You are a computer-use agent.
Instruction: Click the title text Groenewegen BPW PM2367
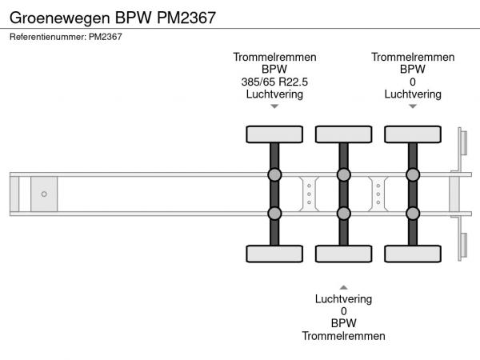(x=113, y=16)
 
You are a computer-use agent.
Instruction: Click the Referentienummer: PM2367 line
(x=66, y=36)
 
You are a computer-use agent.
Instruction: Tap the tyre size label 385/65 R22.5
(x=274, y=82)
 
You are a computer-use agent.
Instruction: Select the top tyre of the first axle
(x=274, y=134)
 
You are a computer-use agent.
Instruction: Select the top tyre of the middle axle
(x=343, y=134)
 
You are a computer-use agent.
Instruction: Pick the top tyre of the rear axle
(x=413, y=134)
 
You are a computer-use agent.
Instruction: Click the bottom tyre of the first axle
(x=274, y=254)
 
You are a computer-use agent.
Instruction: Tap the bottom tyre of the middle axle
(x=343, y=254)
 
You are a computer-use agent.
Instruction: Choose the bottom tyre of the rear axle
(x=413, y=254)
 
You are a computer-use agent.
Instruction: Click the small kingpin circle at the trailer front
(x=44, y=194)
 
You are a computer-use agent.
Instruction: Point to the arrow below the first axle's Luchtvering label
(x=274, y=106)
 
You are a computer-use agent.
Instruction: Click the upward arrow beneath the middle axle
(x=343, y=286)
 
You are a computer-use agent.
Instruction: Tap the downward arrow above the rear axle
(x=413, y=106)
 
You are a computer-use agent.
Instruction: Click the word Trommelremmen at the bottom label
(x=343, y=336)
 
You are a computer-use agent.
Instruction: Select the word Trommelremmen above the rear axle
(x=413, y=57)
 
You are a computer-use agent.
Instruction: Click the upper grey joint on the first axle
(x=274, y=174)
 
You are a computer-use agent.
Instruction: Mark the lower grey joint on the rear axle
(x=413, y=213)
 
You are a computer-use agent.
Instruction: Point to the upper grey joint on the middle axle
(x=343, y=174)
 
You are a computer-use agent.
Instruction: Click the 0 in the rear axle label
(x=413, y=82)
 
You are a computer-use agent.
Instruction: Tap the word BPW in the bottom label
(x=343, y=324)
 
